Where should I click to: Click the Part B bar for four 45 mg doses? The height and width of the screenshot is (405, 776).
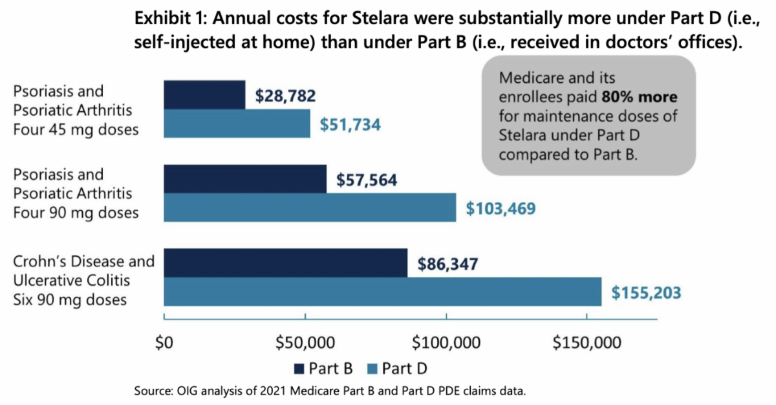pyautogui.click(x=204, y=95)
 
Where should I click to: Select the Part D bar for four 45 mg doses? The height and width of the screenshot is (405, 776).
pyautogui.click(x=237, y=123)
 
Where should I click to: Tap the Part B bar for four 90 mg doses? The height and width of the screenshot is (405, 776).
pyautogui.click(x=245, y=179)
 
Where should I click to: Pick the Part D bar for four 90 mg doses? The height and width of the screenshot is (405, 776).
pyautogui.click(x=310, y=207)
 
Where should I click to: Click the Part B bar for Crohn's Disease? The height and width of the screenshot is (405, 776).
pyautogui.click(x=286, y=263)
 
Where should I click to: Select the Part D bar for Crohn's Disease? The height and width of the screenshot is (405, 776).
pyautogui.click(x=383, y=291)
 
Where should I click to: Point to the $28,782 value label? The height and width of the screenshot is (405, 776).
pyautogui.click(x=285, y=96)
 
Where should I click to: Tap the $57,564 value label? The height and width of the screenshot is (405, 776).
pyautogui.click(x=367, y=180)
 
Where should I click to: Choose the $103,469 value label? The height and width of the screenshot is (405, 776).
pyautogui.click(x=501, y=209)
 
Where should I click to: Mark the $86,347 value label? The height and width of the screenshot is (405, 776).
pyautogui.click(x=448, y=264)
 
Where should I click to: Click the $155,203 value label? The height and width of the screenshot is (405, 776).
pyautogui.click(x=646, y=292)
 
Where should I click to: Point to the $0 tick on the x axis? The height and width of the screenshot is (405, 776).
pyautogui.click(x=165, y=342)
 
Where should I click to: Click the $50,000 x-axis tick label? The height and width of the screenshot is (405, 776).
pyautogui.click(x=305, y=342)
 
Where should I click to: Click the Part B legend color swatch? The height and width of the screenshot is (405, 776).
pyautogui.click(x=299, y=369)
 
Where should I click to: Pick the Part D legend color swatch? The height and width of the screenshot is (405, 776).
pyautogui.click(x=372, y=369)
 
